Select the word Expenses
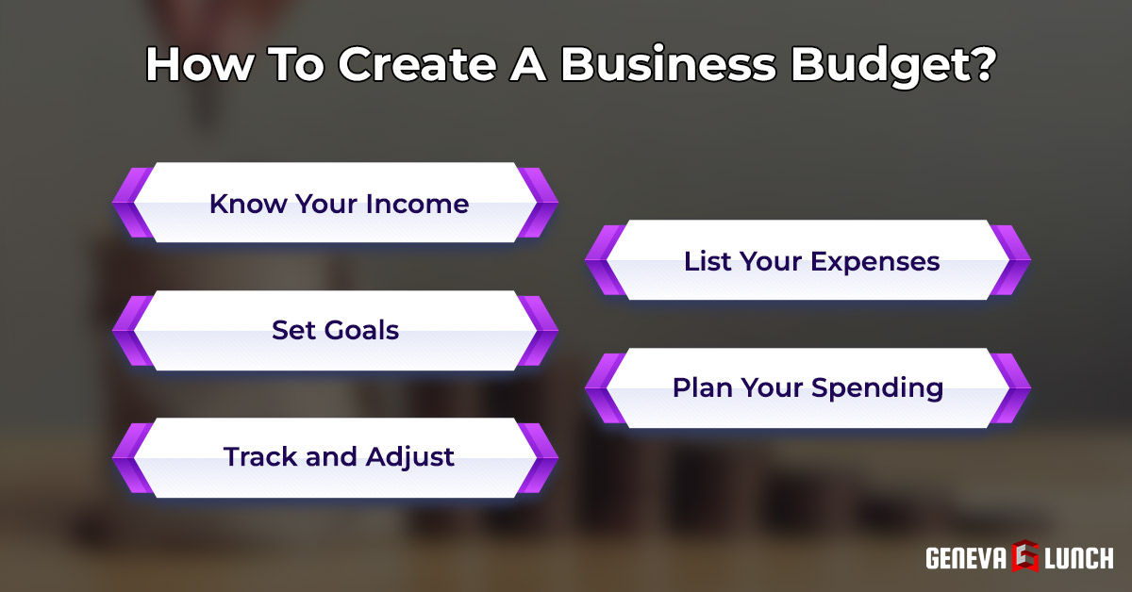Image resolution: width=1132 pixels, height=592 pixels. click(875, 261)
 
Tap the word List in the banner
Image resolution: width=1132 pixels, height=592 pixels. click(707, 261)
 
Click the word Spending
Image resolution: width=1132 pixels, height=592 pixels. click(877, 387)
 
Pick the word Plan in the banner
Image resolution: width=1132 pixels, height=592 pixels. click(701, 387)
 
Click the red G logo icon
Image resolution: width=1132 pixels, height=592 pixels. click(1026, 556)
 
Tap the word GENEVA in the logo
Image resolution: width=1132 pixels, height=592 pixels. click(966, 557)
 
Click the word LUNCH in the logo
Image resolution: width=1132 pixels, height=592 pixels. click(1079, 557)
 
